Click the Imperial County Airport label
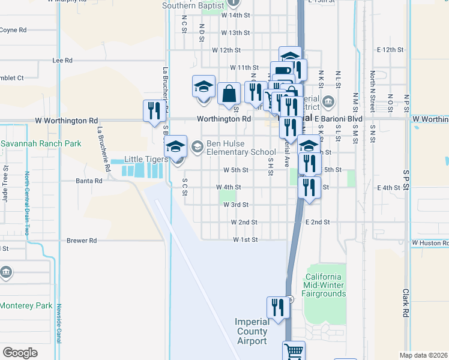pos(252,331)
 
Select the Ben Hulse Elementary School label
pos(233,148)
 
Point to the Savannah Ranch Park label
pos(41,144)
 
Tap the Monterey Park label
pos(26,305)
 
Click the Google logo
pos(20,352)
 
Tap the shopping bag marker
pos(229,94)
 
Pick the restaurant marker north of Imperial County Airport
pos(276,308)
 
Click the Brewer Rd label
pos(82,241)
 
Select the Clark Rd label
pos(406,302)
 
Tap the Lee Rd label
pos(62,61)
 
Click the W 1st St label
pos(246,240)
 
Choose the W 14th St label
pos(235,16)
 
